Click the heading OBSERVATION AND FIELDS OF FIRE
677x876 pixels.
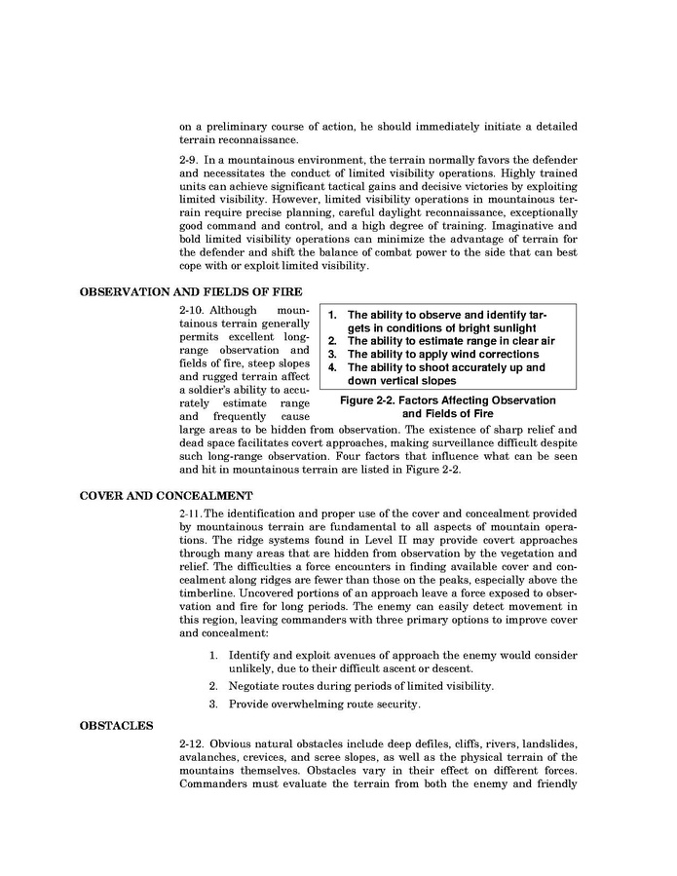click(x=191, y=290)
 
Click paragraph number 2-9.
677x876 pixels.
click(x=191, y=159)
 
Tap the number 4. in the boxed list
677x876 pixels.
click(x=331, y=368)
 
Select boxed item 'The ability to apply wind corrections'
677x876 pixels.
click(x=443, y=355)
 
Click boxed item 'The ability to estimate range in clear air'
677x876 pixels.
click(x=450, y=341)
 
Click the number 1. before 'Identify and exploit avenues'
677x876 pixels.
click(x=213, y=654)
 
